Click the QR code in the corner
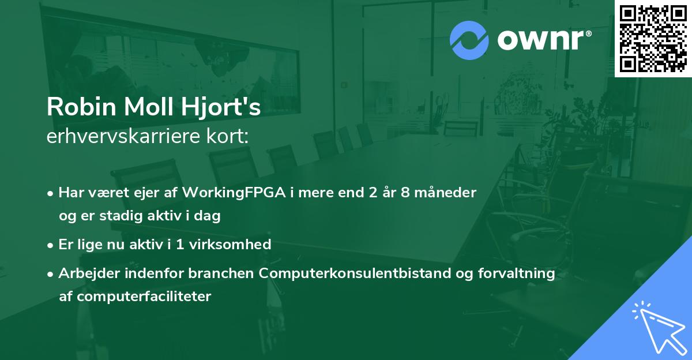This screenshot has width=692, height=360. pos(653,39)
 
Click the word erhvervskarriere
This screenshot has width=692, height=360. pos(122,136)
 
